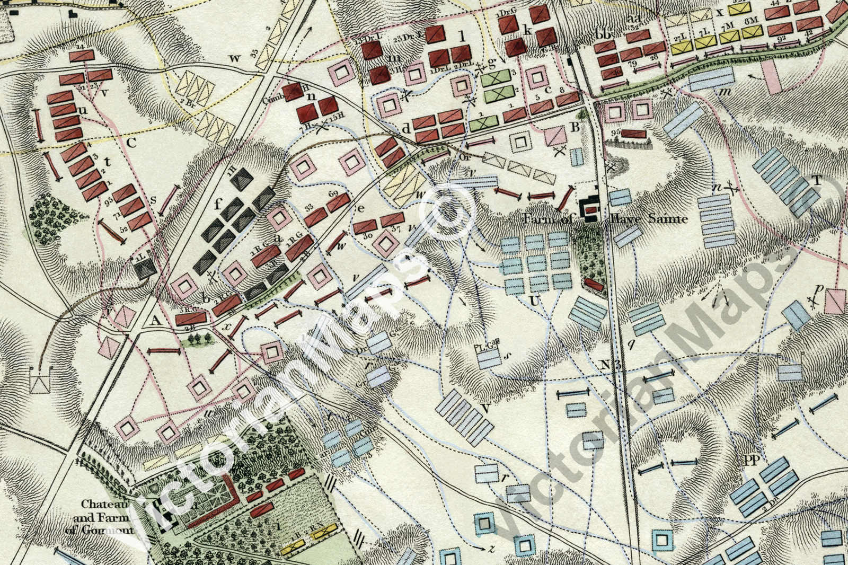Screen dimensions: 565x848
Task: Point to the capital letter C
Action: click(x=132, y=142)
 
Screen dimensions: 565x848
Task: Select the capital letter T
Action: click(x=817, y=181)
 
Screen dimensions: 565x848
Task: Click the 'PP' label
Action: click(x=751, y=461)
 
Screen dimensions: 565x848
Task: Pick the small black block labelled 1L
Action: click(x=145, y=268)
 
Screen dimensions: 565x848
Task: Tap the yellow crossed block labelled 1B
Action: click(x=294, y=549)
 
